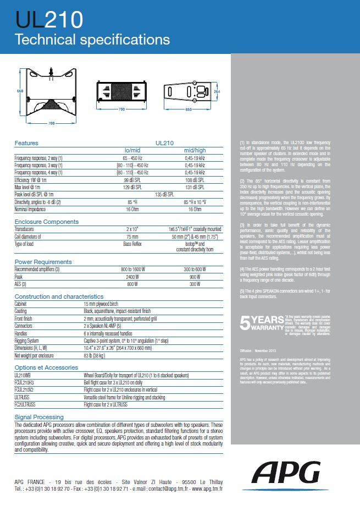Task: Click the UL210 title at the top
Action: [x=49, y=20]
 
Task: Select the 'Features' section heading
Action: [x=26, y=142]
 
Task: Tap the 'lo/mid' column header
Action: [x=132, y=150]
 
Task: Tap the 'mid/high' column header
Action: [x=195, y=150]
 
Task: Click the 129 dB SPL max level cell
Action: [x=132, y=187]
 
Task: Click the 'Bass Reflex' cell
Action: [x=132, y=243]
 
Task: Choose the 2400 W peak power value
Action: [x=132, y=278]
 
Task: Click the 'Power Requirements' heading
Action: [x=43, y=262]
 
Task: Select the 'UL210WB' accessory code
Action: [x=24, y=375]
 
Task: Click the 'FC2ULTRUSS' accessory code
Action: [x=26, y=404]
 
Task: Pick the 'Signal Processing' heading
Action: [x=39, y=417]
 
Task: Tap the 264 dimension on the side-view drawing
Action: [x=217, y=91]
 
